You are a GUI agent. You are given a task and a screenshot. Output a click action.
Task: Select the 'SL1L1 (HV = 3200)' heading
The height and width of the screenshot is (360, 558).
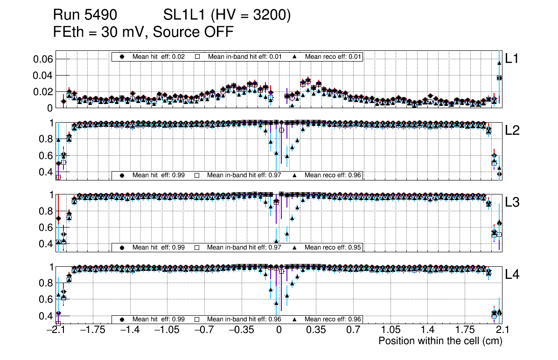pos(227,15)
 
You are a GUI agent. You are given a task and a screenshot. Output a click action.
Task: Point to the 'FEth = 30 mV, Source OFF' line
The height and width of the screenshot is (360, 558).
pos(143,32)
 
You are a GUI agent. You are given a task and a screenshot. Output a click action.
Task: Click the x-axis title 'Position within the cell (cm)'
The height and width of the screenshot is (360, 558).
pos(440,341)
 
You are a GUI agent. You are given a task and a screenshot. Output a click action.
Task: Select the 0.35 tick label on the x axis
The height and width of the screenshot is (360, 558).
pos(316,330)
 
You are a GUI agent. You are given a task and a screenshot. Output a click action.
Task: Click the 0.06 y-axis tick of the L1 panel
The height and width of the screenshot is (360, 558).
pos(42,59)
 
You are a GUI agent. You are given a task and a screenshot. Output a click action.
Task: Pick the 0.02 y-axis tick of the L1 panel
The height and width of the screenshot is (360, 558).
pos(42,92)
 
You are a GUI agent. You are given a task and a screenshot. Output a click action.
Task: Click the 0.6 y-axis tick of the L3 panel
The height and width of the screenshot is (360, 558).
pos(45,228)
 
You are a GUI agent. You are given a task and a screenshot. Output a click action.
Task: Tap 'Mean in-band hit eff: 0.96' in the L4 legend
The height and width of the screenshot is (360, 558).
pos(244,319)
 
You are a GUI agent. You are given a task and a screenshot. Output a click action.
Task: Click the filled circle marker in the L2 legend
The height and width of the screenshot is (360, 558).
pos(123,175)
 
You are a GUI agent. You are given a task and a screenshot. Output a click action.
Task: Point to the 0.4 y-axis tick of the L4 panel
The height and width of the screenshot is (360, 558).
pos(45,316)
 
